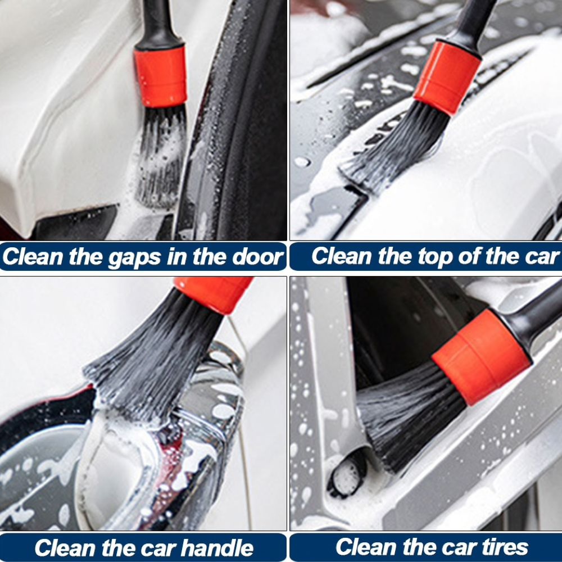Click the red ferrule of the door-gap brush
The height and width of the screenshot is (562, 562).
click(x=161, y=76)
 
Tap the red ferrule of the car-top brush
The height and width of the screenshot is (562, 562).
click(x=447, y=78)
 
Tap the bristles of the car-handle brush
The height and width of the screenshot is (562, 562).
click(x=151, y=359)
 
